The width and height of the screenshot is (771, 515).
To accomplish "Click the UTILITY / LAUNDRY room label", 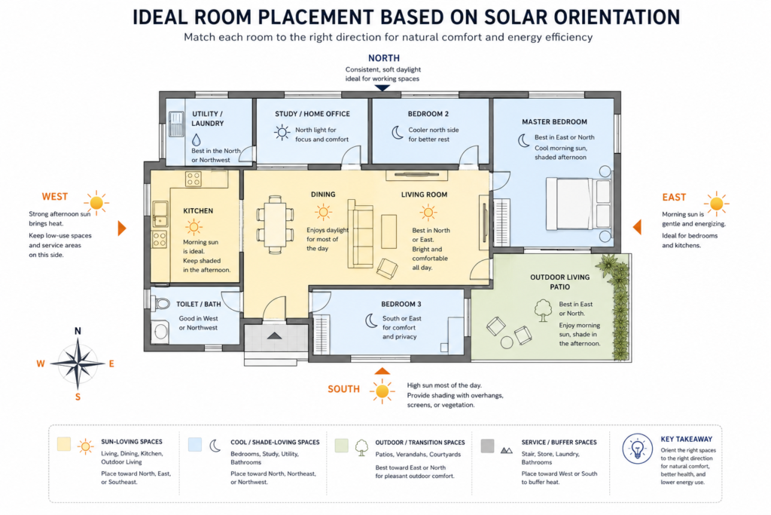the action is (x=208, y=118).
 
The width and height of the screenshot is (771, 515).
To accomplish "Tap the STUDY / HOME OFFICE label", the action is (x=312, y=114).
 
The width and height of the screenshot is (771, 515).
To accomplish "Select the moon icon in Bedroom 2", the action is (x=398, y=133).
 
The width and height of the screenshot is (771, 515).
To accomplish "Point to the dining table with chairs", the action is (x=275, y=225).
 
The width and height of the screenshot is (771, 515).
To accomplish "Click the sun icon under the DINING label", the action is (x=323, y=212).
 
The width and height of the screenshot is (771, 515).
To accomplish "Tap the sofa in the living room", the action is (x=360, y=234).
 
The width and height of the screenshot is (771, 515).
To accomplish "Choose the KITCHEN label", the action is (x=198, y=210).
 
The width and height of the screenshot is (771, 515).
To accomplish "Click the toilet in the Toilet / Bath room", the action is (x=160, y=303).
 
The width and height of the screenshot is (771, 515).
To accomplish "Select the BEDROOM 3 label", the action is (x=401, y=305).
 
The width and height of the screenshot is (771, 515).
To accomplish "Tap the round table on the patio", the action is (x=507, y=342).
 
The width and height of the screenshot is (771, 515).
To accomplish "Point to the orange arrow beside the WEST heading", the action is (x=122, y=228).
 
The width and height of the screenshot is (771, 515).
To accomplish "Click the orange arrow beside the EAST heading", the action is (x=637, y=227).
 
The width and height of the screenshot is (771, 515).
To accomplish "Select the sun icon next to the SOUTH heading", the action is (x=382, y=391).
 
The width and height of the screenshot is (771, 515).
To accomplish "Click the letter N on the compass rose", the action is (x=78, y=331).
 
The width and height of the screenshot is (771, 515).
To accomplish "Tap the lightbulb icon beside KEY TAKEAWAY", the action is (x=637, y=449).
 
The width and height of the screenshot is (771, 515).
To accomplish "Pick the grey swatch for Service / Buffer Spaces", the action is (x=487, y=446).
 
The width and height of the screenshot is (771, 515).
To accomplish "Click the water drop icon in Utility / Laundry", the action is (x=197, y=139).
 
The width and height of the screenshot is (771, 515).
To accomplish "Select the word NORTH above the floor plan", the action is (x=383, y=58).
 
